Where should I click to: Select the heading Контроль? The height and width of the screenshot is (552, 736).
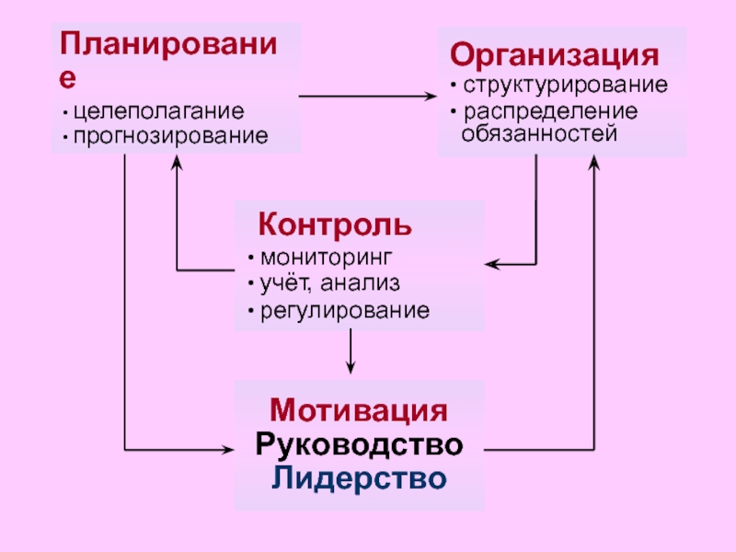[335, 224]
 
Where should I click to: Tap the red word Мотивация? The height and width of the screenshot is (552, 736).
[359, 410]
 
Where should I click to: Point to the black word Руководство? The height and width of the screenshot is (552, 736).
[359, 444]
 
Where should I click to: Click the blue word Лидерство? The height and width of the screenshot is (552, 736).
[359, 478]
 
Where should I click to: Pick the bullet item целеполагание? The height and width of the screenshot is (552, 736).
[158, 111]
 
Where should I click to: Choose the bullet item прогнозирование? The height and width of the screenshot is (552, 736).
[171, 136]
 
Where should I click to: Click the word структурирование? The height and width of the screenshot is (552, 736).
[565, 85]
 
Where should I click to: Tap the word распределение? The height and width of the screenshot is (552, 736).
[550, 111]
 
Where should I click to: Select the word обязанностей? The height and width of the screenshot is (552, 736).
[539, 133]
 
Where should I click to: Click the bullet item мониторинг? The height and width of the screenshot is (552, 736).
[326, 258]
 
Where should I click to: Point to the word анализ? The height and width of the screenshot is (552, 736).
[360, 283]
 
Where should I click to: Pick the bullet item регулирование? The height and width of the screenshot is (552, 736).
[345, 311]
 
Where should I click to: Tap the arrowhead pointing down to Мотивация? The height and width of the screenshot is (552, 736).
[351, 367]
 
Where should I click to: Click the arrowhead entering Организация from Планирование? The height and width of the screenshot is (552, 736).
[430, 97]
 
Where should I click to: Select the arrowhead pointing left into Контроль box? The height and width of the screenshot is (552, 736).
[492, 264]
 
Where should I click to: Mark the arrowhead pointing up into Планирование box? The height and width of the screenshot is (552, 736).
[177, 163]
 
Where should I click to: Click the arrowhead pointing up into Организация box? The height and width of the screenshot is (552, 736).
[593, 163]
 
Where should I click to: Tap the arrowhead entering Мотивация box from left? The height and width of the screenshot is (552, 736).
[227, 450]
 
